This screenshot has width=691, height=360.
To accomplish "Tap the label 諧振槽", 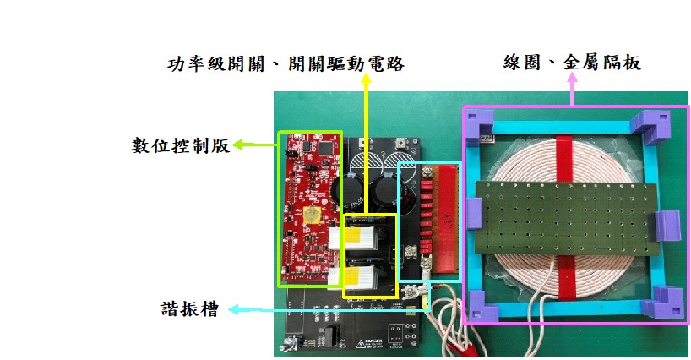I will tap(191, 310).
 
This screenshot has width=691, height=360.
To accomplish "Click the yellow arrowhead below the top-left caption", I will tap(366, 80).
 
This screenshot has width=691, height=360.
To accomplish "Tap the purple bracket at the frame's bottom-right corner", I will tap(667, 303).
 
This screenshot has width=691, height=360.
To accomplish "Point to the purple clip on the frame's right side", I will tap(666, 224).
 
